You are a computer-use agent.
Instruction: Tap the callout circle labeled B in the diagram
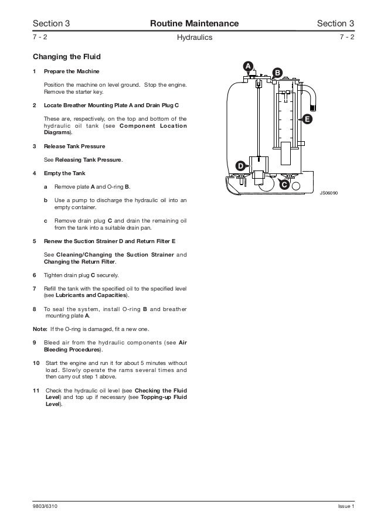pos(277,73)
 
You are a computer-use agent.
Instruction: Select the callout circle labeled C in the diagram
pos(284,185)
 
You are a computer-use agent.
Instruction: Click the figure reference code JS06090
pos(329,192)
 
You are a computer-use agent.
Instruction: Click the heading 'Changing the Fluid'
pos(67,57)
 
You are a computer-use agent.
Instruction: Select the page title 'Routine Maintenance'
pos(195,23)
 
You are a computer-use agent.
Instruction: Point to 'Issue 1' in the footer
pos(346,507)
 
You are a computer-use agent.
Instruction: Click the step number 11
pos(36,390)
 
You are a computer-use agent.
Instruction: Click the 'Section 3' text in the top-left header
pos(51,23)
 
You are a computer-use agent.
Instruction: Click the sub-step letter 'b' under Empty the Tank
pos(46,200)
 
